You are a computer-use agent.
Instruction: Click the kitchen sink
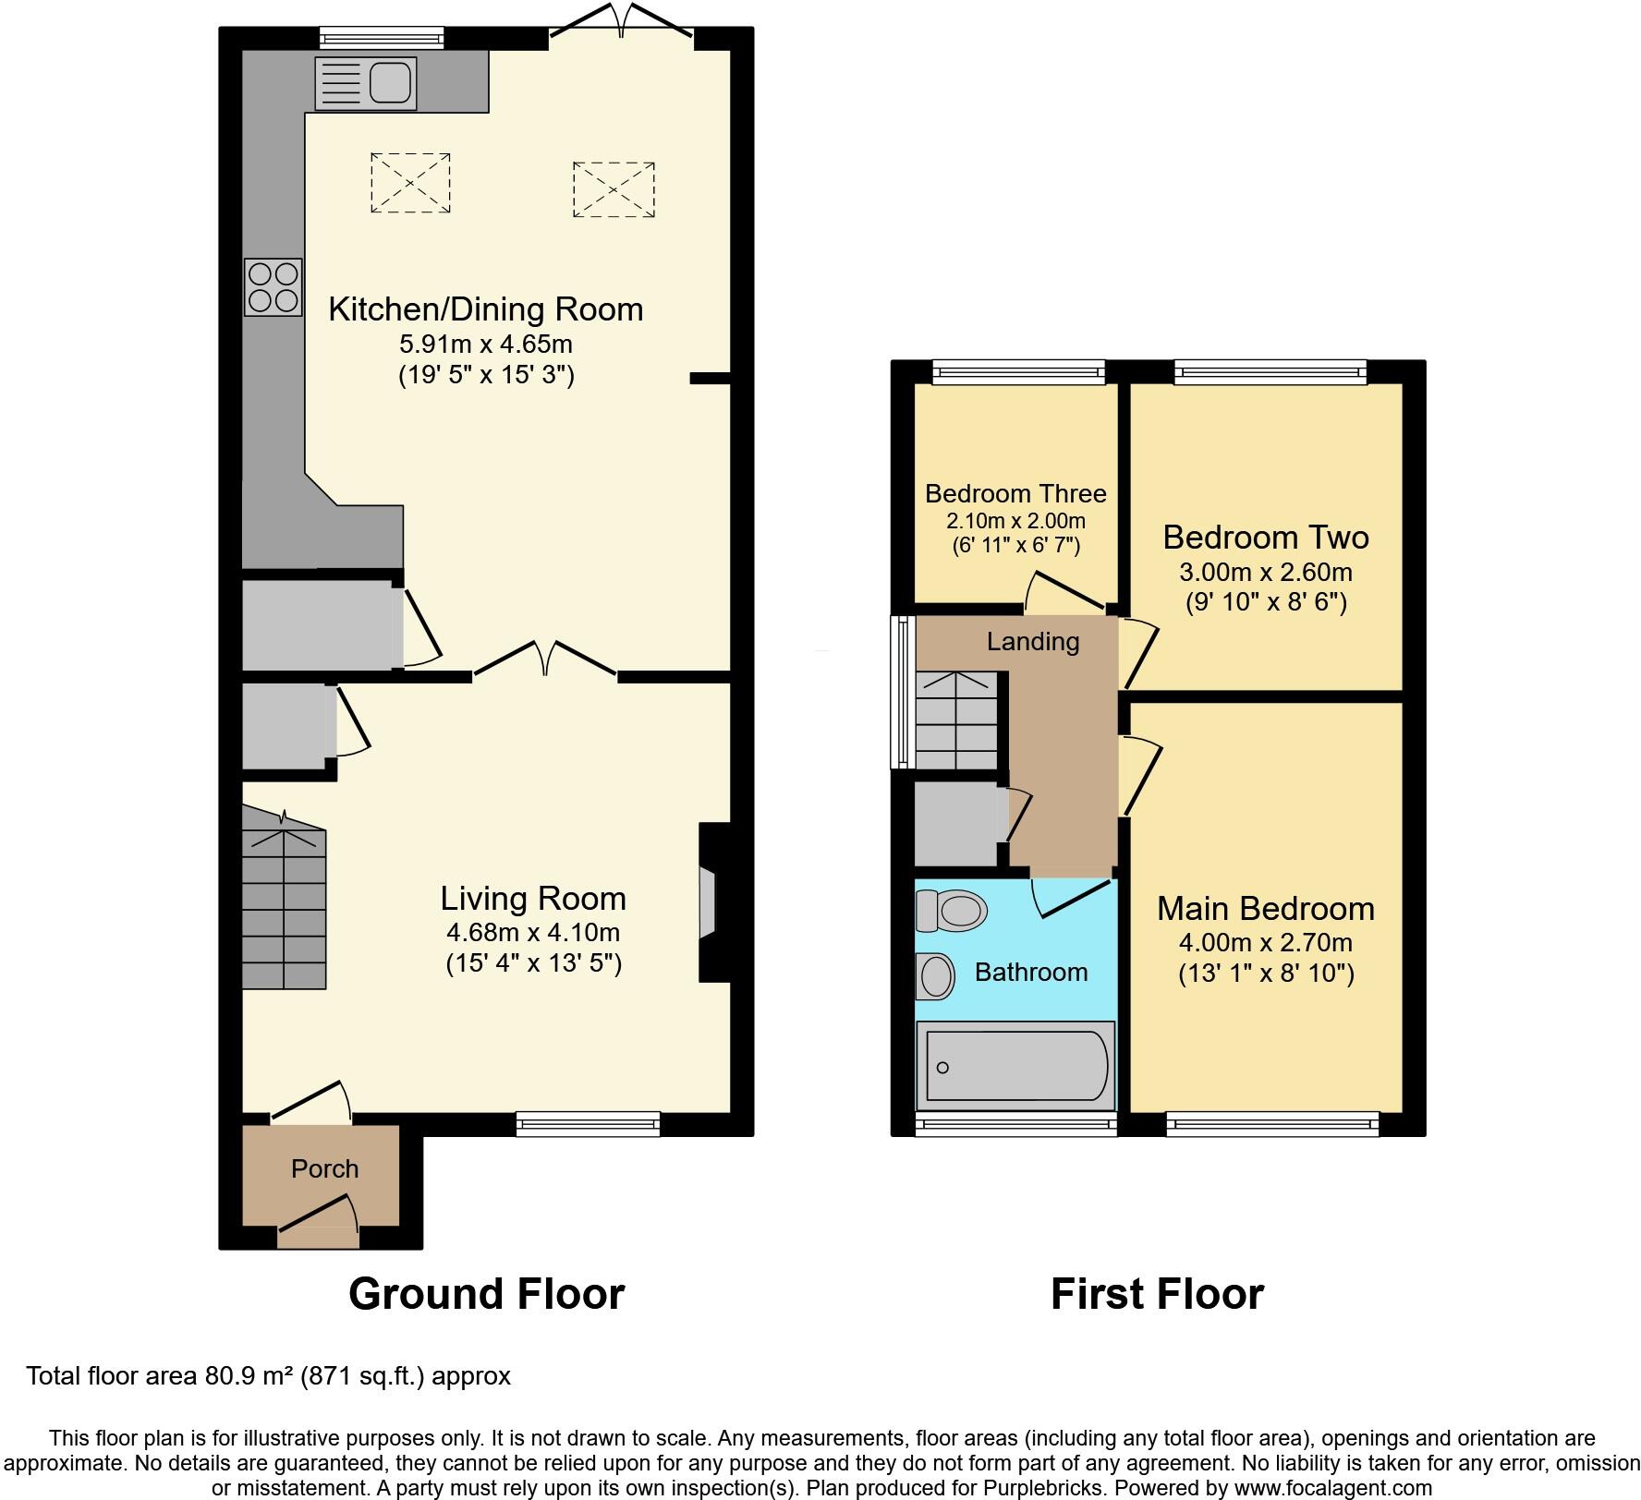[x=366, y=83]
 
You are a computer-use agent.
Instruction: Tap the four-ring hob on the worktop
[x=273, y=287]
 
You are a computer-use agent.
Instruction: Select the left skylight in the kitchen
[x=410, y=183]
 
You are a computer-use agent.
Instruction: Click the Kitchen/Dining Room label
[x=486, y=309]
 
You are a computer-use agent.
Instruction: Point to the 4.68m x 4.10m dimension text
[x=533, y=932]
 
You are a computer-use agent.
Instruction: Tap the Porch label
[x=324, y=1169]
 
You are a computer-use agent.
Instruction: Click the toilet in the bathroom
[x=951, y=911]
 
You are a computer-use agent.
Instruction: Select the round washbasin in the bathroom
[x=935, y=976]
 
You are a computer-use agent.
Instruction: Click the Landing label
[x=1033, y=642]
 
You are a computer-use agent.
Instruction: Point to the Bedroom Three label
[x=1015, y=494]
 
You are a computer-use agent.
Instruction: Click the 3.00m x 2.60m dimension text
[x=1266, y=572]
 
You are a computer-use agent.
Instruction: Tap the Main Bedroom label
[x=1266, y=909]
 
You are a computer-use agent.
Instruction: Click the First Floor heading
[x=1157, y=1294]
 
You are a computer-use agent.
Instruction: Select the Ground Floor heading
[x=487, y=1294]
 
